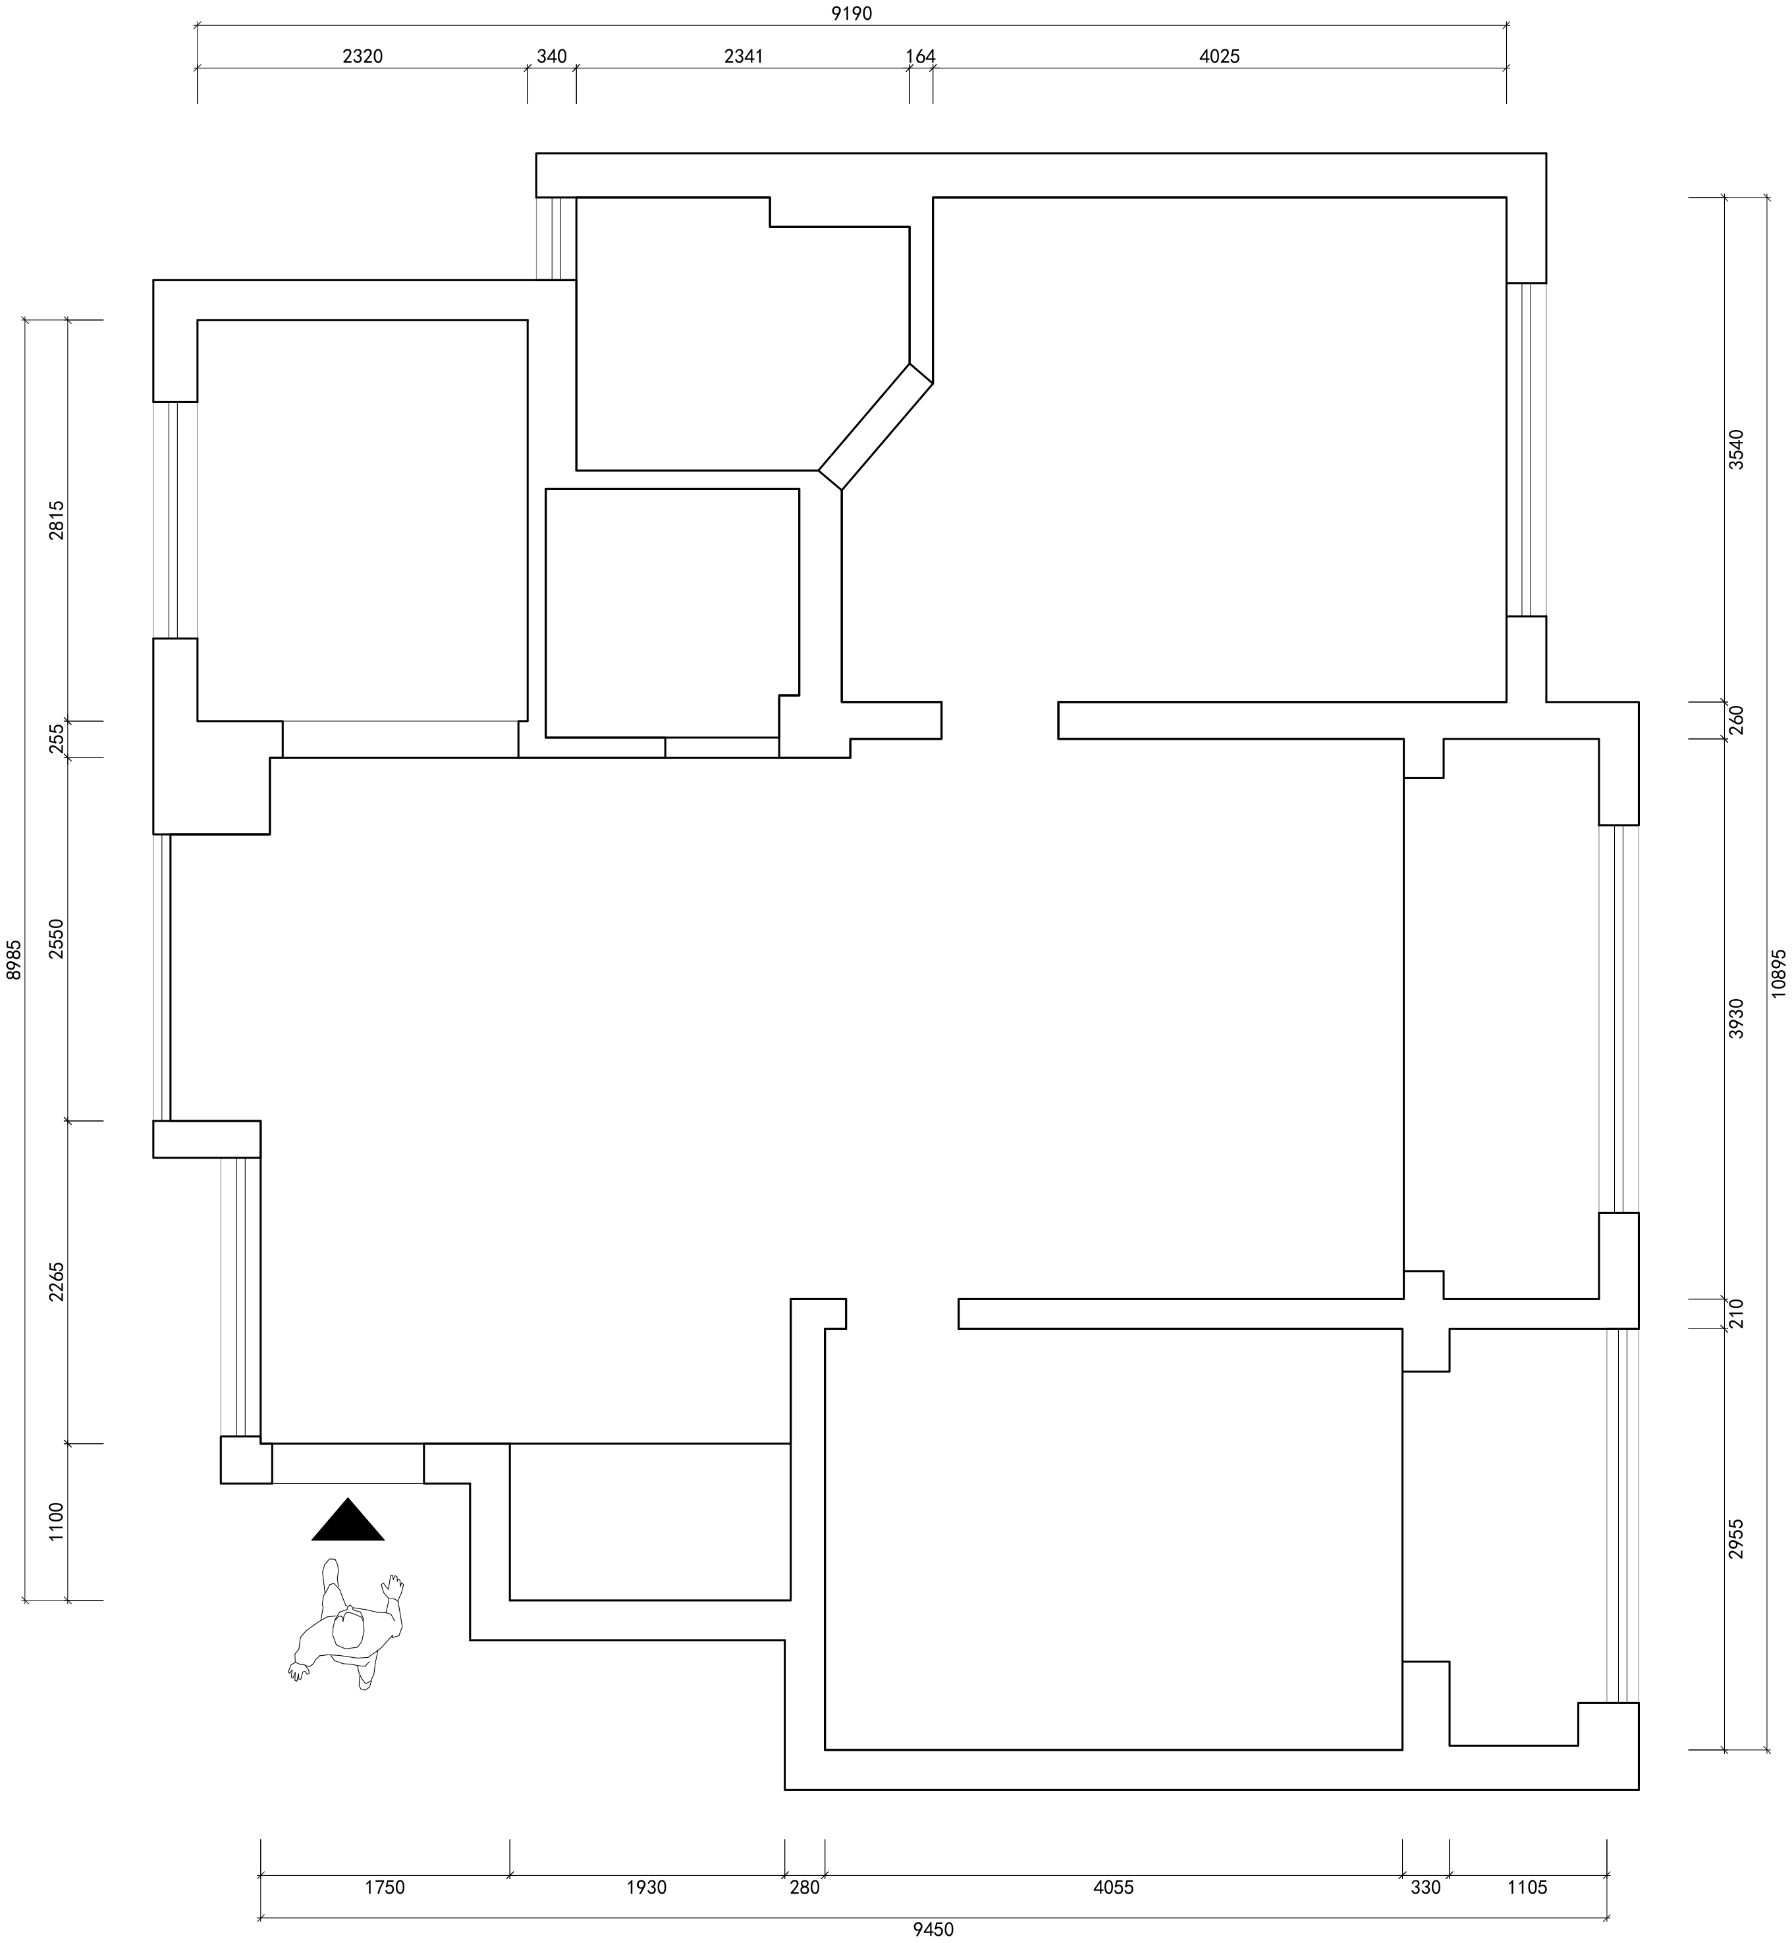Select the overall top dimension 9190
coord(852,14)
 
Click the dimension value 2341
coord(744,56)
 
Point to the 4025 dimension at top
coord(1219,56)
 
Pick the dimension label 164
coord(920,56)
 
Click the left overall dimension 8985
coord(14,960)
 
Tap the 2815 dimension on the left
coord(56,520)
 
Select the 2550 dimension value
coord(56,939)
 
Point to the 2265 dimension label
coord(56,1282)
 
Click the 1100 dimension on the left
coord(56,1521)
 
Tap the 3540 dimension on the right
coord(1736,449)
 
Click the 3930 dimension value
coord(1736,1018)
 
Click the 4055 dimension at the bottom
coord(1112,1887)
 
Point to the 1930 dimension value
coord(647,1887)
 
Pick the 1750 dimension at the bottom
coord(384,1887)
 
